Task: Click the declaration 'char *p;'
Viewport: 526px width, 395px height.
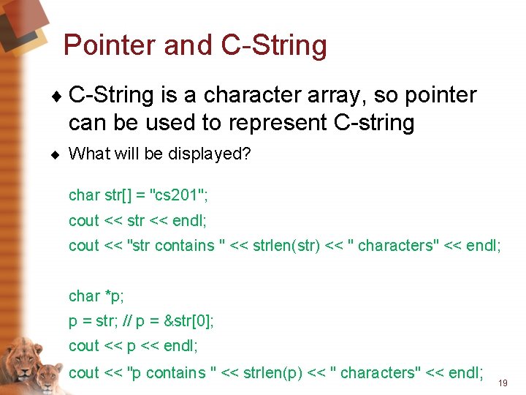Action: pyautogui.click(x=95, y=296)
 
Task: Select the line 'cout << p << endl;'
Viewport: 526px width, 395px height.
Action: pyautogui.click(x=133, y=346)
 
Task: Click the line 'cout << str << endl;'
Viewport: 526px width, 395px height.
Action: pyautogui.click(x=138, y=220)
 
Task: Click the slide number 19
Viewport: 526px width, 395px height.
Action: pyautogui.click(x=503, y=383)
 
